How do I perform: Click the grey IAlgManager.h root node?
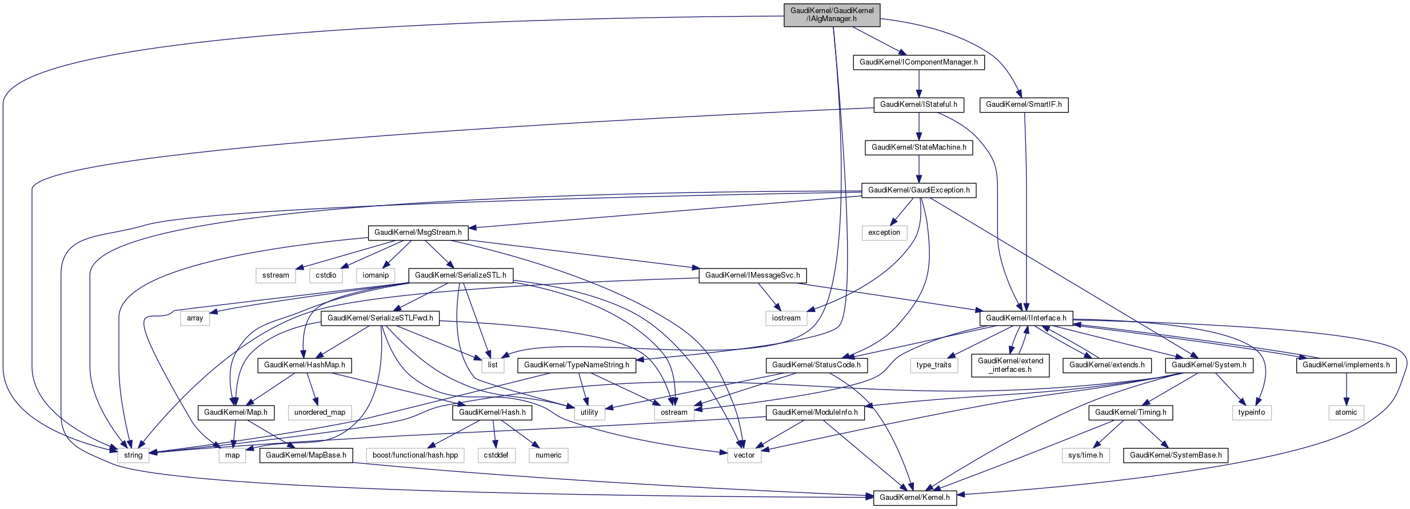(832, 15)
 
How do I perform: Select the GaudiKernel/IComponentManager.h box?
(918, 62)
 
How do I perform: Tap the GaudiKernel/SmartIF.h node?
(1024, 105)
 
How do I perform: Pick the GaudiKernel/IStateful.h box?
(918, 105)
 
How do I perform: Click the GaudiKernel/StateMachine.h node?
(918, 147)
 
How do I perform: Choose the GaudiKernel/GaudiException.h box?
(918, 190)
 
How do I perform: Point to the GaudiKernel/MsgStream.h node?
(418, 233)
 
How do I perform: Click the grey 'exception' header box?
(884, 233)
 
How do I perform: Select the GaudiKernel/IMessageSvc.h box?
(752, 275)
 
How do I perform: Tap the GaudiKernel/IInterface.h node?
(1026, 318)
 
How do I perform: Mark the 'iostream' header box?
(786, 318)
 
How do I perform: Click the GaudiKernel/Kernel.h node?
(914, 498)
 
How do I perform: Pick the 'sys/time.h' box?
(1085, 455)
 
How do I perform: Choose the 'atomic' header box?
(1346, 412)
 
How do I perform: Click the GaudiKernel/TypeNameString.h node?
(576, 365)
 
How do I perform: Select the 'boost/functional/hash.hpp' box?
(415, 455)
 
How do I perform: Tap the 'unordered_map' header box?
(319, 412)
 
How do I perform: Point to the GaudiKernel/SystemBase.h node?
(1176, 455)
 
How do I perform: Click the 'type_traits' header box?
(933, 365)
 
